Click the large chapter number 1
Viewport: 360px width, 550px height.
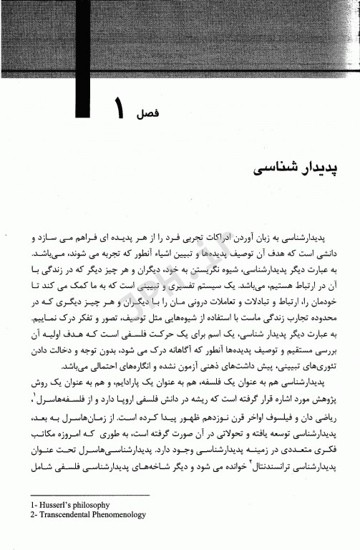pyautogui.click(x=119, y=110)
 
